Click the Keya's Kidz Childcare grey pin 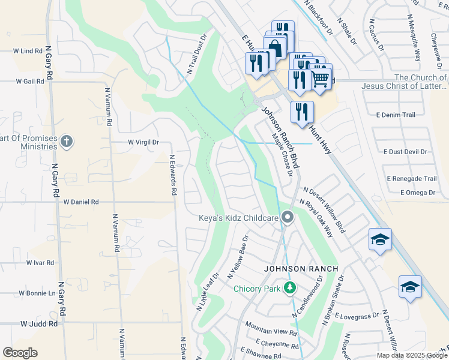pyautogui.click(x=288, y=218)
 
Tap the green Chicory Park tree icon pyautogui.click(x=290, y=289)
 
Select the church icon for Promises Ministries pyautogui.click(x=67, y=142)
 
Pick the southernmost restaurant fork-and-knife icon pyautogui.click(x=302, y=112)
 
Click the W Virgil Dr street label pyautogui.click(x=143, y=142)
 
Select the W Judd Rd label pyautogui.click(x=38, y=323)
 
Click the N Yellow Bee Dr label pyautogui.click(x=238, y=257)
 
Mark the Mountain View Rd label pyautogui.click(x=271, y=332)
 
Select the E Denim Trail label pyautogui.click(x=396, y=115)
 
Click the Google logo pyautogui.click(x=20, y=353)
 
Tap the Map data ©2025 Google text pyautogui.click(x=412, y=355)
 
